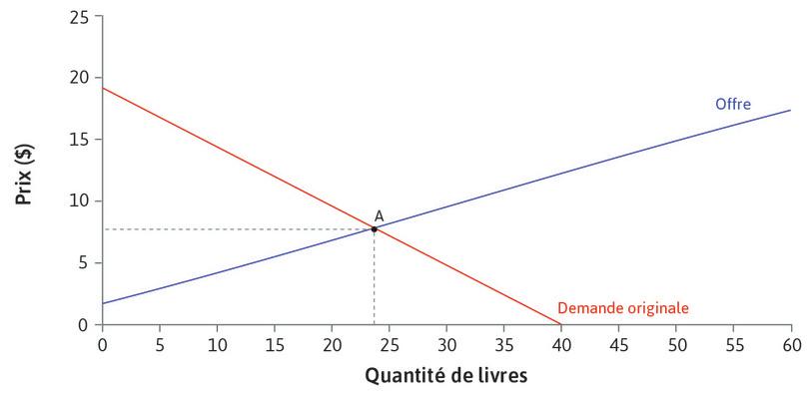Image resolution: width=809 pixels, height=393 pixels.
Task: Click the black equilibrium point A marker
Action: click(x=375, y=229)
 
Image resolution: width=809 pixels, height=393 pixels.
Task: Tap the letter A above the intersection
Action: click(x=379, y=215)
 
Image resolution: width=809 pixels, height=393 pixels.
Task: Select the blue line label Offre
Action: click(x=732, y=103)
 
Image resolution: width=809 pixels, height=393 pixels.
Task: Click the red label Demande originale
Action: click(x=622, y=308)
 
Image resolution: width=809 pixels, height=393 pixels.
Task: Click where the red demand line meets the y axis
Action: click(x=102, y=88)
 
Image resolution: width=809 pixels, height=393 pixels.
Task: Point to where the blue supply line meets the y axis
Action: click(x=102, y=303)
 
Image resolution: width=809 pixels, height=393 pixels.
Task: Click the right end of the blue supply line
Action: click(x=791, y=110)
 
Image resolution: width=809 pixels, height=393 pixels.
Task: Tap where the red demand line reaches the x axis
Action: click(x=560, y=324)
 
